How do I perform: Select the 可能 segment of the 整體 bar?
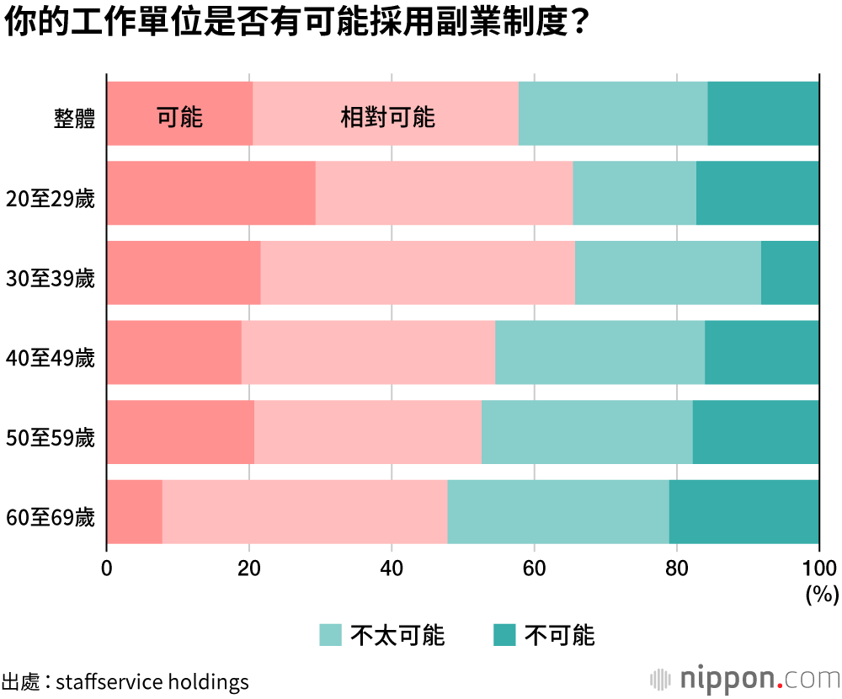(179, 115)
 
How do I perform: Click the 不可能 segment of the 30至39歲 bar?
(790, 273)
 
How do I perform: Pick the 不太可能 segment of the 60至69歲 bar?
(558, 512)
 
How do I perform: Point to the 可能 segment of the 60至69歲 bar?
(135, 512)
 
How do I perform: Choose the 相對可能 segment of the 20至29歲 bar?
(444, 193)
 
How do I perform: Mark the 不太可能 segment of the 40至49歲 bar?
(600, 352)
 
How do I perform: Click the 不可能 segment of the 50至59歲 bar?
(755, 432)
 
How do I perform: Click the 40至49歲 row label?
(50, 358)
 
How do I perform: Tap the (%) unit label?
(822, 595)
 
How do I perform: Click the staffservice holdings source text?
(152, 680)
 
